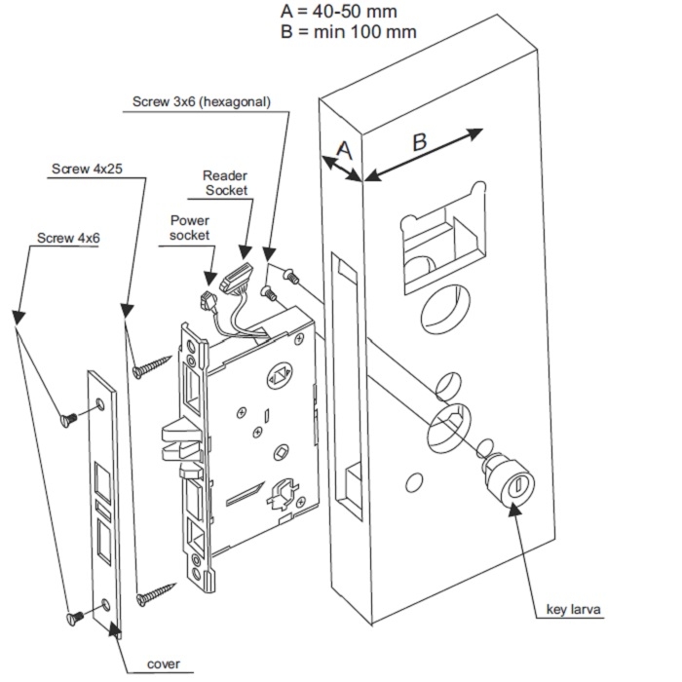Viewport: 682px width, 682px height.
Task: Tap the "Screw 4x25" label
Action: tap(87, 170)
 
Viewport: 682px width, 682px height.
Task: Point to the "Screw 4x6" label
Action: tap(67, 238)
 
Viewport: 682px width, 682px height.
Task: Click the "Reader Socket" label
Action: tap(225, 183)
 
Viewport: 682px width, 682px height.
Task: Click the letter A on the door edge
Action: tap(343, 149)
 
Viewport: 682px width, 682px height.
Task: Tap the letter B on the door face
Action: tap(420, 141)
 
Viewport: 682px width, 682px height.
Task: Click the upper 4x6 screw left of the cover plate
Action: tap(70, 420)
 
